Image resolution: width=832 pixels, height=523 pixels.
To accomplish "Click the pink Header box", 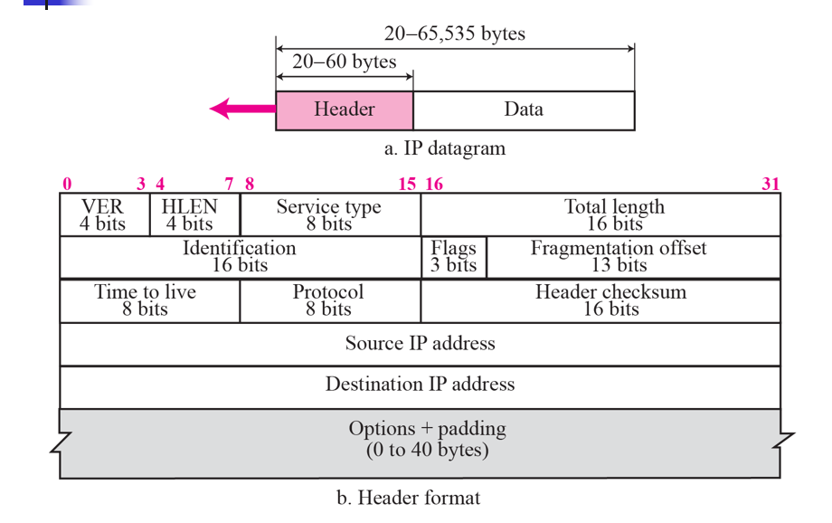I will click(344, 109).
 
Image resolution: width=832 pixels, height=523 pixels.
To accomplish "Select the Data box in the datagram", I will click(524, 109).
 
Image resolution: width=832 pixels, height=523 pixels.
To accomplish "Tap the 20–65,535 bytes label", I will click(454, 34).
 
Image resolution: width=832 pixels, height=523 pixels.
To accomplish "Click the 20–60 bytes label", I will click(344, 63).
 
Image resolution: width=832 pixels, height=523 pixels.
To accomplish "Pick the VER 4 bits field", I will click(103, 214).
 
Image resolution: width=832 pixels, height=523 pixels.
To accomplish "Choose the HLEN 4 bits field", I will click(194, 214).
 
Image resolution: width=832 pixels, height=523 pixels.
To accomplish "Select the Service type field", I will click(329, 214).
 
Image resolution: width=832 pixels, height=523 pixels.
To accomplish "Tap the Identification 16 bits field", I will click(240, 256).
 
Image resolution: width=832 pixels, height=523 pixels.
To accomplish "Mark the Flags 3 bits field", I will click(453, 256).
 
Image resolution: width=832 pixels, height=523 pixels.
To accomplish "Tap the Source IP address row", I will click(420, 344).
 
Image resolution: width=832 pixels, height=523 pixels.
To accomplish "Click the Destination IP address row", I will click(420, 385).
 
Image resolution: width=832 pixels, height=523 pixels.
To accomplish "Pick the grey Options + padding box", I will click(420, 440).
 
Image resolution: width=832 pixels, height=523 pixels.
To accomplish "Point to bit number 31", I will click(770, 184).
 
